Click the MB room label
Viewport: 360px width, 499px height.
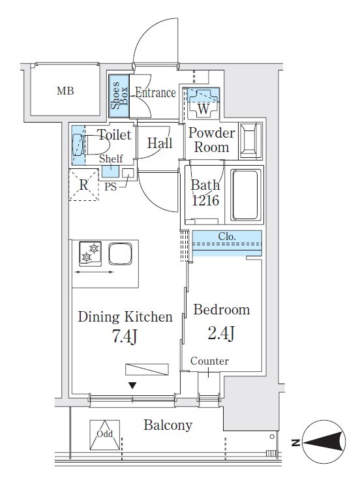[x=65, y=91]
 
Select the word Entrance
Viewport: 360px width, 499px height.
[x=155, y=93]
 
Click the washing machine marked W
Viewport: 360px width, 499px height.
[x=203, y=103]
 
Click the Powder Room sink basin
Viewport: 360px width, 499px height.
[x=251, y=140]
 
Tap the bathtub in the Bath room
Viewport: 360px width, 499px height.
[x=245, y=195]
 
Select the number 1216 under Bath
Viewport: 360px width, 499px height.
[x=205, y=200]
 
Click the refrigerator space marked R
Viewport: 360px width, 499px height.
[x=83, y=185]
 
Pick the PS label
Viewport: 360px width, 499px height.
[x=110, y=187]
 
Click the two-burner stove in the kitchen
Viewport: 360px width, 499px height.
[x=91, y=254]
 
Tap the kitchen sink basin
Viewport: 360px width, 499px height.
[x=120, y=254]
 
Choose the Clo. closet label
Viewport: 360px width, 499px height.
[x=227, y=236]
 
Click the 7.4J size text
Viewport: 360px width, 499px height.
[x=125, y=336]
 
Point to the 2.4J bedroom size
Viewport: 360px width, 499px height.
[x=221, y=333]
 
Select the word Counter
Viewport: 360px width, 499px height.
[x=209, y=361]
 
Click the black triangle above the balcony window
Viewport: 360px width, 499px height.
[x=132, y=386]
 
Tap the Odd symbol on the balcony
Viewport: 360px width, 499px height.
[x=105, y=435]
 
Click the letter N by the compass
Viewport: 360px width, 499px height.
[x=295, y=442]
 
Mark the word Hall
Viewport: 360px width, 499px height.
[x=160, y=143]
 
